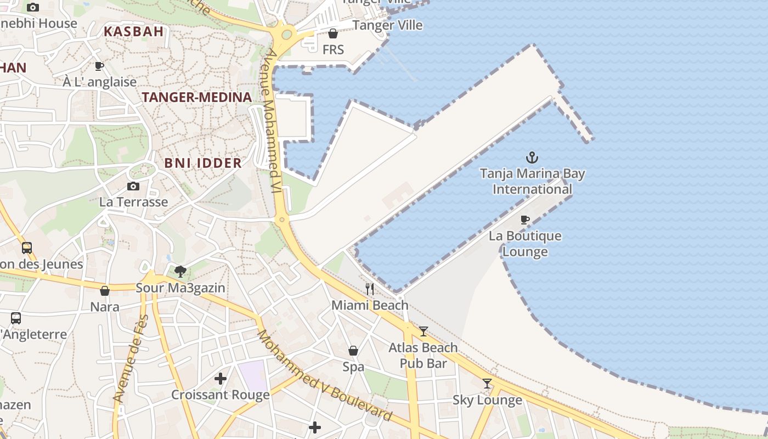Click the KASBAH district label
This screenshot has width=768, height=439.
click(x=134, y=31)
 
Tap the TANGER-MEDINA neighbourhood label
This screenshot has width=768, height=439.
click(x=197, y=97)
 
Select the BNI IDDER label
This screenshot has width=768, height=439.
click(x=203, y=163)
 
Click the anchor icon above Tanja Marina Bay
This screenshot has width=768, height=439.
click(x=532, y=158)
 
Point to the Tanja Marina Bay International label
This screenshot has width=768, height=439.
click(x=532, y=182)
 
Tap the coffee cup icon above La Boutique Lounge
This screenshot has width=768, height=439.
click(x=525, y=220)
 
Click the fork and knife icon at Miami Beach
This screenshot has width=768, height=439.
click(x=370, y=289)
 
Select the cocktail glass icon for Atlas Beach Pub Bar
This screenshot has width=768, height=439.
click(x=423, y=331)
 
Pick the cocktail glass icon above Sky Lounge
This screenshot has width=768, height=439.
click(x=487, y=383)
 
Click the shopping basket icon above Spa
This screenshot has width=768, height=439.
click(x=353, y=350)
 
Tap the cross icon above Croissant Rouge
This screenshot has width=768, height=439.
click(x=221, y=378)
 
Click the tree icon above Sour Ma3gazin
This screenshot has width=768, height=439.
click(x=180, y=271)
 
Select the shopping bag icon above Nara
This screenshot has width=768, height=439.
click(x=105, y=290)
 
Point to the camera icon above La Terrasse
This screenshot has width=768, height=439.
click(x=133, y=186)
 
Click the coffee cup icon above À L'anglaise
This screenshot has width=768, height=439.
click(x=99, y=66)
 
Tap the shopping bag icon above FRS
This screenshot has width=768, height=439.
click(x=333, y=33)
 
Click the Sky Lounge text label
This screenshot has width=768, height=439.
click(x=487, y=400)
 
